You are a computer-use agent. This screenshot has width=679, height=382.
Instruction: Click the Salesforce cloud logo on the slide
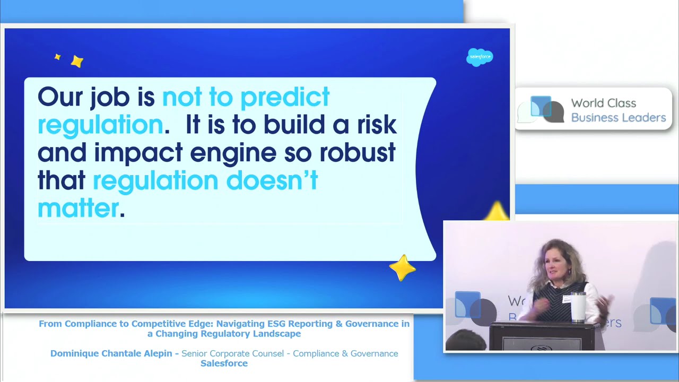pos(480,57)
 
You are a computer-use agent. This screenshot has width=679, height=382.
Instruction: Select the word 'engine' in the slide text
pos(233,154)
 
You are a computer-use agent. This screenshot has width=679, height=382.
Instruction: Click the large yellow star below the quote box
pos(403,268)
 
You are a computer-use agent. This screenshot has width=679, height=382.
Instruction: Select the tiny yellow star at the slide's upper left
pos(57,57)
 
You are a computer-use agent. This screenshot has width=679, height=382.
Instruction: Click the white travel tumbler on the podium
pos(578,307)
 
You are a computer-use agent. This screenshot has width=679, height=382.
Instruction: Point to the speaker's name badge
pos(567,299)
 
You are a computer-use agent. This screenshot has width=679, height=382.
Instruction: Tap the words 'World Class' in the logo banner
pos(604,103)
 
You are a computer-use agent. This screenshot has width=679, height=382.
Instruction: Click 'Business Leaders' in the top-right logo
pos(619,118)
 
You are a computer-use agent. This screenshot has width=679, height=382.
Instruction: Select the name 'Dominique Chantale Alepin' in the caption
pos(111,353)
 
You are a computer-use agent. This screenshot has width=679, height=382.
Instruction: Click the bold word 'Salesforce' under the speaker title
pos(224,363)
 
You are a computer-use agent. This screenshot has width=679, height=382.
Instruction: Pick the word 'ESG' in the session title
pos(276,324)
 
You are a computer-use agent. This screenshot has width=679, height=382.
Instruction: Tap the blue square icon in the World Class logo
pos(541,106)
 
